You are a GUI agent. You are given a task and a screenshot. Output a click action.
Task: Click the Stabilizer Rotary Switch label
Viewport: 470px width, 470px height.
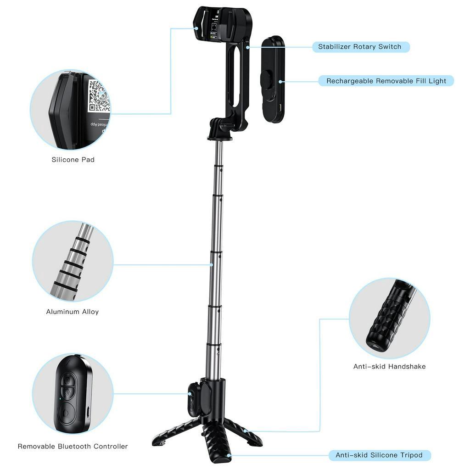(x=360, y=47)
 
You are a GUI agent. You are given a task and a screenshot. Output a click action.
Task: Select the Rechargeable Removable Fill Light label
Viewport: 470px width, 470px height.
(x=386, y=81)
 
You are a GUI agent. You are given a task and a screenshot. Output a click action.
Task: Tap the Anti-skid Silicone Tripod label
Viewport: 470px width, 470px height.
(x=379, y=455)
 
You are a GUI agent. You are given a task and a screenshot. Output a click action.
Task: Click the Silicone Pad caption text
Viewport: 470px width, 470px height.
(x=73, y=160)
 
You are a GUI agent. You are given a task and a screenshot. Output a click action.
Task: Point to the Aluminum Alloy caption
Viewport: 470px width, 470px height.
(x=73, y=312)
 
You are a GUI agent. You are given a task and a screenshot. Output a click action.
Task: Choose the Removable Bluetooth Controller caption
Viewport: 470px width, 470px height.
(x=73, y=446)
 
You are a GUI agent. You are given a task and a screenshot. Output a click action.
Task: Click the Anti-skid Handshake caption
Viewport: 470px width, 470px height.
(x=389, y=366)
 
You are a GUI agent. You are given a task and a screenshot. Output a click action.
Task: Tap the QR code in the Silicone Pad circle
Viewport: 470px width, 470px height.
(x=98, y=97)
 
